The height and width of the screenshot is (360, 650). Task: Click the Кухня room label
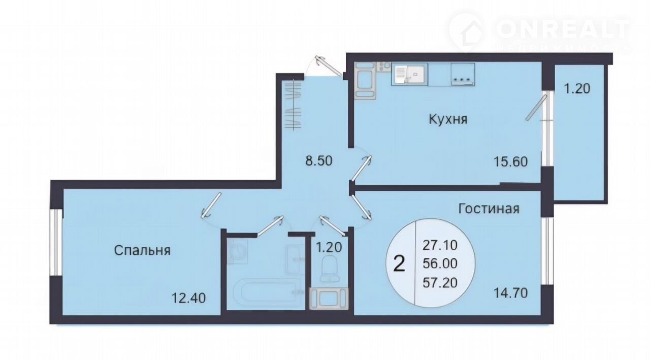[x=448, y=119]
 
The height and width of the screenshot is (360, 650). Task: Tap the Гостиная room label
[x=489, y=209]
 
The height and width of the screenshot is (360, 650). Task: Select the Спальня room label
[x=142, y=250]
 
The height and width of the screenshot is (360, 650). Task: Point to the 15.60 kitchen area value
[x=511, y=161]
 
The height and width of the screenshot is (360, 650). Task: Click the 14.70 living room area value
[x=511, y=293]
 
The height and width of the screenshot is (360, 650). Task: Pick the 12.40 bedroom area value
[x=188, y=298]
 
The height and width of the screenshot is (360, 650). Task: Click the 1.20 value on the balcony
[x=577, y=88]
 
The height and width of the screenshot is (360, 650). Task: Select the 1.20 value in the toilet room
[x=329, y=247]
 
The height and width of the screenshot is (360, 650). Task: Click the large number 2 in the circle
[x=399, y=264]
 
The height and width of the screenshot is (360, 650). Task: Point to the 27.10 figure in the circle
[x=440, y=245]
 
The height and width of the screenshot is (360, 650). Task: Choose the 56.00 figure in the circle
[x=440, y=264]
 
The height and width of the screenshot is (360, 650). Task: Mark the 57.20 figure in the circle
[x=440, y=282]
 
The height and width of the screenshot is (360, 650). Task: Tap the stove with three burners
[x=463, y=74]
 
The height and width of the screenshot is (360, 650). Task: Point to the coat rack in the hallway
[x=293, y=105]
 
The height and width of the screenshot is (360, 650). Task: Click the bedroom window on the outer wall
[x=56, y=243]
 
